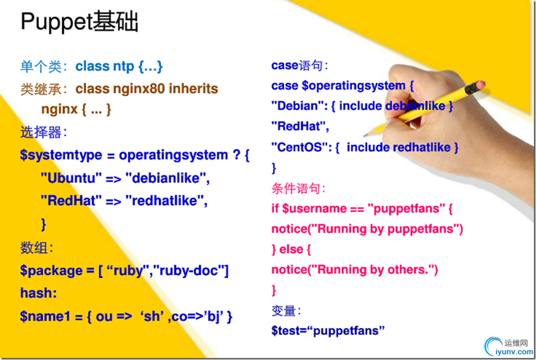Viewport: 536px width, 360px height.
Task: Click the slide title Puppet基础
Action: tap(79, 22)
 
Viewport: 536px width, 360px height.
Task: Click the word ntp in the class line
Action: tap(123, 67)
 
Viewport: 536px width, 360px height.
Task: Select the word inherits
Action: tap(193, 89)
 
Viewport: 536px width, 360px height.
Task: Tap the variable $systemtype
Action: tap(61, 155)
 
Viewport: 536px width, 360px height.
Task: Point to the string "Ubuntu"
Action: tap(71, 178)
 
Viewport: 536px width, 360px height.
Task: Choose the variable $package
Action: tap(51, 271)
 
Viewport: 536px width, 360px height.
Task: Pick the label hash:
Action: tap(39, 293)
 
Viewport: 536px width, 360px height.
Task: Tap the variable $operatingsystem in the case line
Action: tap(353, 86)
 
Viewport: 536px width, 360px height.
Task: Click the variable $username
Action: tap(314, 209)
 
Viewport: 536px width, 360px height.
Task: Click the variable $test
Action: tap(284, 330)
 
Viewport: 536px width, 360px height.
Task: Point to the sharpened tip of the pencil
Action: tap(365, 135)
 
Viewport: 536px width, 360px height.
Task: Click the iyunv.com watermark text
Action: tap(514, 352)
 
